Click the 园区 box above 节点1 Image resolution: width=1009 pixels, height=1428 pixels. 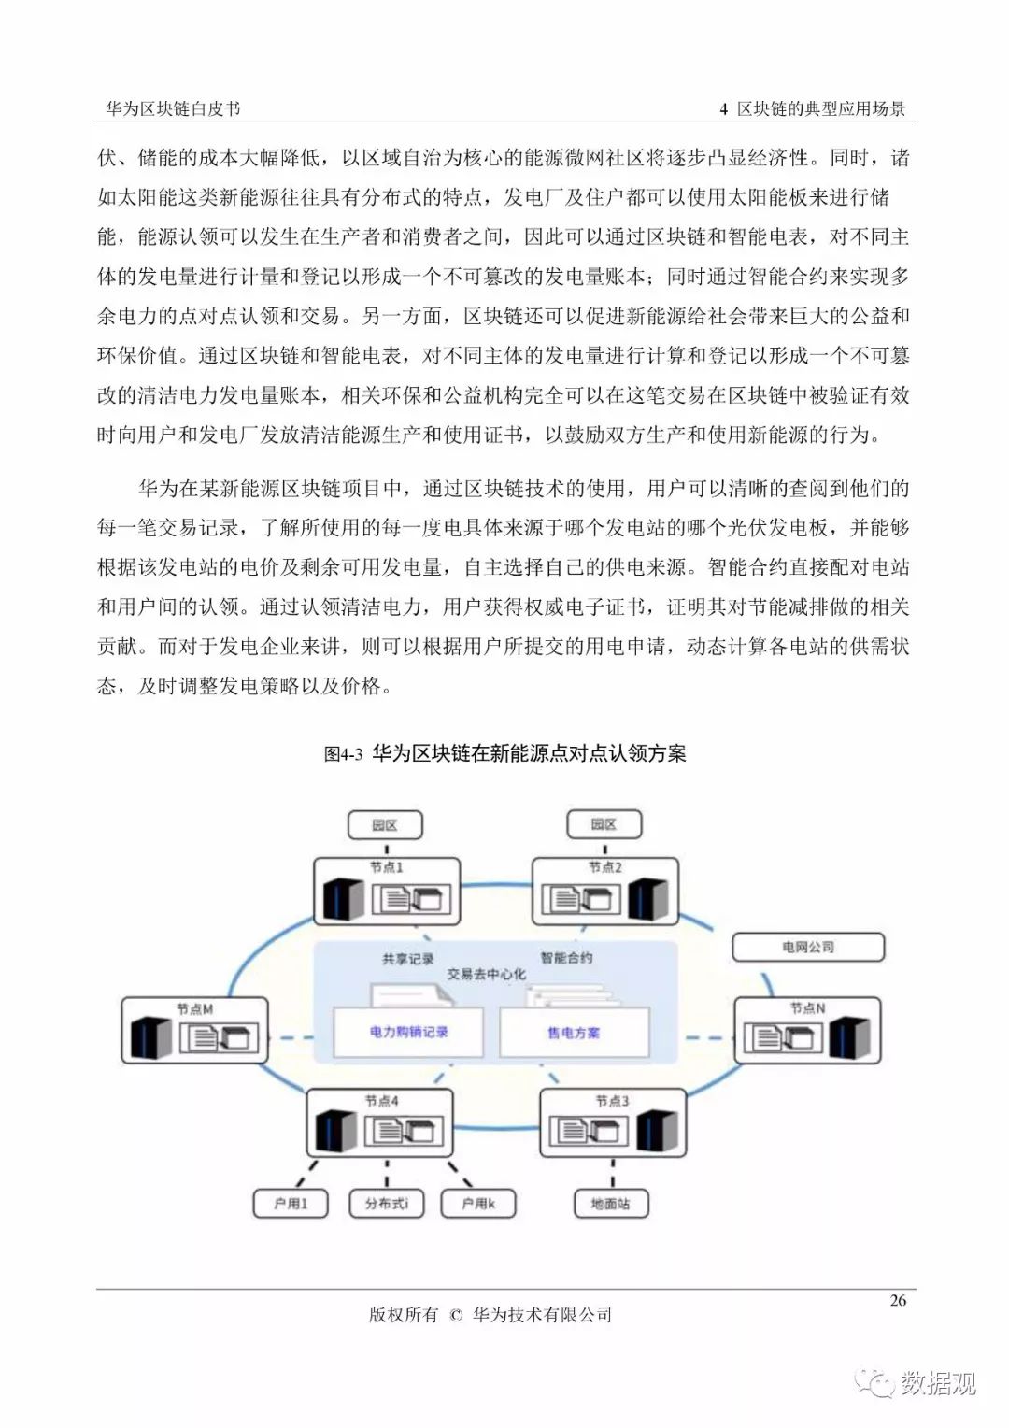385,825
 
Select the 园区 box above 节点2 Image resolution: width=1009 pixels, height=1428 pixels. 604,824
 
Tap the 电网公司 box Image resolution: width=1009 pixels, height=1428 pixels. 808,947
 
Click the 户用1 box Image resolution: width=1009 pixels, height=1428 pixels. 291,1204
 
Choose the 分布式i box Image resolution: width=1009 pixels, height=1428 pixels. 386,1204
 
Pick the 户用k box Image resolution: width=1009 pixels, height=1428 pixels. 478,1204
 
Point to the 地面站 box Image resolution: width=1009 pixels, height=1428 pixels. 611,1204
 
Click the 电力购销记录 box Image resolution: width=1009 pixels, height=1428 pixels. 408,1032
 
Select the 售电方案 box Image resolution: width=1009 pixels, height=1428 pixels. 574,1032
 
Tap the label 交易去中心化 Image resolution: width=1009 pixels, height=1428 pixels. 487,974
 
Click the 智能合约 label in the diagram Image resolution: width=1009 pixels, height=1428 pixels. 566,958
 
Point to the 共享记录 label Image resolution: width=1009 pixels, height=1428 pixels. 408,959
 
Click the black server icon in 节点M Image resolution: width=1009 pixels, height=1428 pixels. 151,1037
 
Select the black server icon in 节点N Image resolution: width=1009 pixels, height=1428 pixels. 849,1037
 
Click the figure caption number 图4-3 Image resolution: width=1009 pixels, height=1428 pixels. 343,754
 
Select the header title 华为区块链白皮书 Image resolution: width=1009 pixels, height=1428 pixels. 174,109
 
